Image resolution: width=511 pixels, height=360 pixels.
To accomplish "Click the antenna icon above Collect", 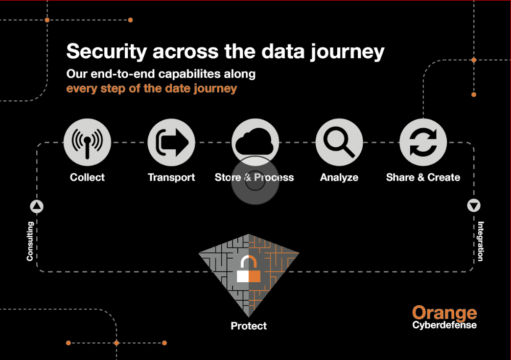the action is pyautogui.click(x=87, y=142).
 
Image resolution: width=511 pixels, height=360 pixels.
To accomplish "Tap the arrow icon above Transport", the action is pyautogui.click(x=171, y=142).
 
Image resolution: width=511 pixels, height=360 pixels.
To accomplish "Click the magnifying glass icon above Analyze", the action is pyautogui.click(x=339, y=142).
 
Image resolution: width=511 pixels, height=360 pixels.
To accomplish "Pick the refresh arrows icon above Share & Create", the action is pyautogui.click(x=423, y=142).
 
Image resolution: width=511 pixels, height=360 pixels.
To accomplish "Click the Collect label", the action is pyautogui.click(x=87, y=177).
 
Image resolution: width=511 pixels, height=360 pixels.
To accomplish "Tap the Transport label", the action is pyautogui.click(x=171, y=178).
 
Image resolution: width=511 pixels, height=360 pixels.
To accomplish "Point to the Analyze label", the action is pyautogui.click(x=339, y=178).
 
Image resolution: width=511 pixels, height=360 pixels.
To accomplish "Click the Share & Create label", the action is pyautogui.click(x=423, y=177).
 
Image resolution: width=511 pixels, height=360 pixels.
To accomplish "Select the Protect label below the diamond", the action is pyautogui.click(x=249, y=326).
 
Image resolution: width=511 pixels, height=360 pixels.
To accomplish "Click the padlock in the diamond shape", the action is pyautogui.click(x=249, y=269).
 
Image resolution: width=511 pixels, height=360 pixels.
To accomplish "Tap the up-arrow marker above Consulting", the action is pyautogui.click(x=37, y=206).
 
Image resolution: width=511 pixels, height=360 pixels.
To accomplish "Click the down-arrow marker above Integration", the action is pyautogui.click(x=474, y=205).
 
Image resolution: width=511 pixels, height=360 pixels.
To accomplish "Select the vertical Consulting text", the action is pyautogui.click(x=30, y=242).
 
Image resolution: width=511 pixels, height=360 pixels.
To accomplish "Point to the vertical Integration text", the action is pyautogui.click(x=481, y=242).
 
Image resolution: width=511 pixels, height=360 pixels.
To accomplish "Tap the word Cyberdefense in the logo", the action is pyautogui.click(x=444, y=325).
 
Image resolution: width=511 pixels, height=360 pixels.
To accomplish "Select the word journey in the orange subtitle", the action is pyautogui.click(x=215, y=89).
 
